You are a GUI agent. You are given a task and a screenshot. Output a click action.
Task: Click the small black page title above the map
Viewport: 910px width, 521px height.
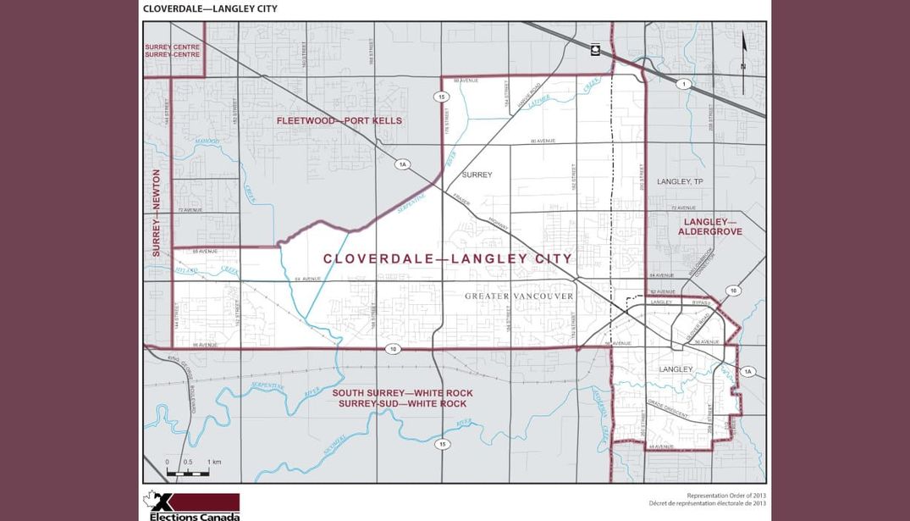[209, 8]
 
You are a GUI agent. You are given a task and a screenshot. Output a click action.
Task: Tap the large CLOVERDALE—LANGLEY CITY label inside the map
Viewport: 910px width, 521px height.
[447, 258]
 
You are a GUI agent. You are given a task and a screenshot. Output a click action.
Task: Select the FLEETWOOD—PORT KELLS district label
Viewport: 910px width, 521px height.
[339, 121]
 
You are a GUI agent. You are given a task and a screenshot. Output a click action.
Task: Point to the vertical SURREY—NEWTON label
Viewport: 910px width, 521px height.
[157, 213]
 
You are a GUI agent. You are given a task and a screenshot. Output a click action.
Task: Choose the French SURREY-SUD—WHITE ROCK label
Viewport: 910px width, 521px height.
[402, 404]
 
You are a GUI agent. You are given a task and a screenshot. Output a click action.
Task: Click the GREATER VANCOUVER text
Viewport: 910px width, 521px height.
[519, 297]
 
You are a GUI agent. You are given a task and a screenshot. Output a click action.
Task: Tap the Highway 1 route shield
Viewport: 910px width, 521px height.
[681, 84]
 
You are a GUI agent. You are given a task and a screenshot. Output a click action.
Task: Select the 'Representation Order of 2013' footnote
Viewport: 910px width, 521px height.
[726, 495]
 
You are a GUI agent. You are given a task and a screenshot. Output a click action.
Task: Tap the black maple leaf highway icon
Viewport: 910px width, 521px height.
[596, 49]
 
